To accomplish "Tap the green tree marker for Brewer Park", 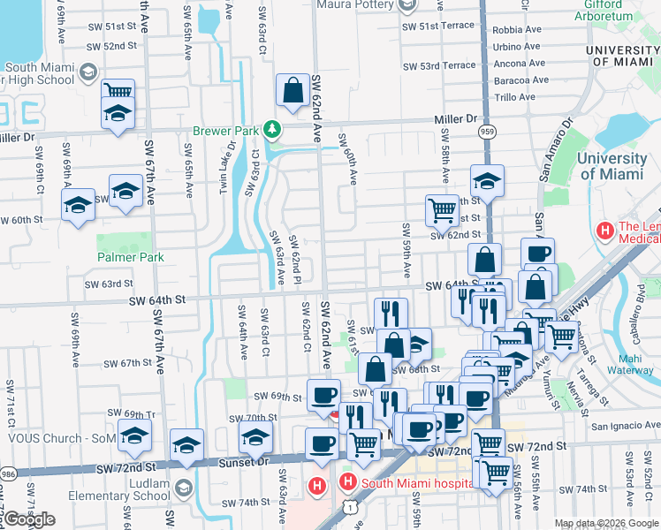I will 272,130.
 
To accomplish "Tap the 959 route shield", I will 488,132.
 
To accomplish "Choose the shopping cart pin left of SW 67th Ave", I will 118,91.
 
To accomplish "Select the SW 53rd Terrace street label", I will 439,65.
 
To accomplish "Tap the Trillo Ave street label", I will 514,97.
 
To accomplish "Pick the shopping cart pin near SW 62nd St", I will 442,209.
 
